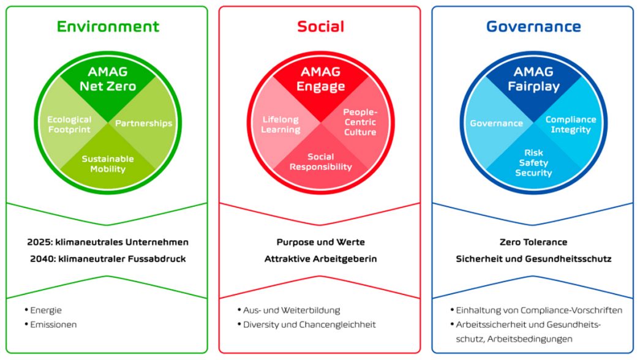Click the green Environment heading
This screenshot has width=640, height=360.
108,26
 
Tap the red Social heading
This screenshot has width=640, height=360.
320,26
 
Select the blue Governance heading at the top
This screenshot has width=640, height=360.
533,26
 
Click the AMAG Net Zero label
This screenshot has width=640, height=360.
108,79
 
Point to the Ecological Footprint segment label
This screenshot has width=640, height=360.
69,124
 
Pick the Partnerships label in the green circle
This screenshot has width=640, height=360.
144,123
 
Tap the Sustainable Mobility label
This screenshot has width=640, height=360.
108,163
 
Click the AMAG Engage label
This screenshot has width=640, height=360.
320,79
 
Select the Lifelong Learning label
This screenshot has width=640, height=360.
280,124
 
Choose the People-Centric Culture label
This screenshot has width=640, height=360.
360,122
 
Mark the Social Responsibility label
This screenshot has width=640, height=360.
320,162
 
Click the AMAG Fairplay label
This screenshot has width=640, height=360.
533,79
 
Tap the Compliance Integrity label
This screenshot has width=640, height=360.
571,124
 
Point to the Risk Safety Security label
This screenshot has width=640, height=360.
533,162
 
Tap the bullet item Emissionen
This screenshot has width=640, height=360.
53,324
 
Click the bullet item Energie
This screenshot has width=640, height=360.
46,310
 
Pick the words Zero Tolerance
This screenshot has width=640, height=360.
533,242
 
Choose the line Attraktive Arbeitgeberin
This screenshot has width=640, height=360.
320,259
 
